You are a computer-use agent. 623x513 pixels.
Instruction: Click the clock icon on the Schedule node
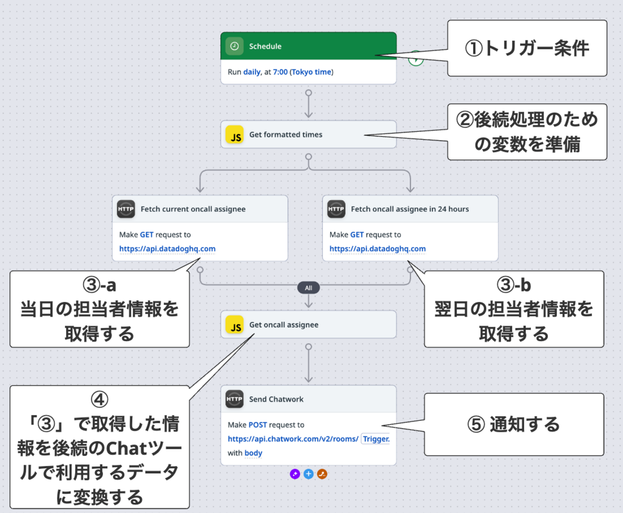point(234,46)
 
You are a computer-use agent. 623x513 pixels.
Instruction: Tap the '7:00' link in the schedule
point(280,72)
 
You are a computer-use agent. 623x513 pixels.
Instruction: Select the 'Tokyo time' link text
point(311,72)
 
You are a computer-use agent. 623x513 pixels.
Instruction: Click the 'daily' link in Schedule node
point(252,72)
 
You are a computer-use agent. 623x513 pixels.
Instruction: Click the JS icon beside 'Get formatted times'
point(235,135)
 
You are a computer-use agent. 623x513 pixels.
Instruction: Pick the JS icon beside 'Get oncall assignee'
point(235,325)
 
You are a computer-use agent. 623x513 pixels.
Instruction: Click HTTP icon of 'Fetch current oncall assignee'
point(126,209)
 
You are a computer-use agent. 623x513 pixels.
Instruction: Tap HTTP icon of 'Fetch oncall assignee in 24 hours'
point(336,209)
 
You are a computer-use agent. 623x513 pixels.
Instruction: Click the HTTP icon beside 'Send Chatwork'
point(234,399)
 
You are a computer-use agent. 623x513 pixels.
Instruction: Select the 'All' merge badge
point(309,288)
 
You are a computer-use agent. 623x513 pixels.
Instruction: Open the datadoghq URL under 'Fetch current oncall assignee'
point(167,249)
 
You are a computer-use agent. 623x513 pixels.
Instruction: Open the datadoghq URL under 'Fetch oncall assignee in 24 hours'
point(378,249)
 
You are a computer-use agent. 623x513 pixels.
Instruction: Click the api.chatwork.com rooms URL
point(293,439)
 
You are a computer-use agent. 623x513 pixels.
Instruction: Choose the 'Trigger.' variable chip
point(376,439)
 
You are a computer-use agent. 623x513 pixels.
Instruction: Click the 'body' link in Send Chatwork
point(254,453)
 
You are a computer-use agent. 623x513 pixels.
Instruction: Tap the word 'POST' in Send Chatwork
point(257,425)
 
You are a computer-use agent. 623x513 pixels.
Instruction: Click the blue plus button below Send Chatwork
point(309,474)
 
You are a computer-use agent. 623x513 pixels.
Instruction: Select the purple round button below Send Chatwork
point(295,474)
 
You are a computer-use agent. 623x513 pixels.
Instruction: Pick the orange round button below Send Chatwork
point(322,474)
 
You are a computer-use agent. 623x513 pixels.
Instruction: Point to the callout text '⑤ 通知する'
point(514,424)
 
